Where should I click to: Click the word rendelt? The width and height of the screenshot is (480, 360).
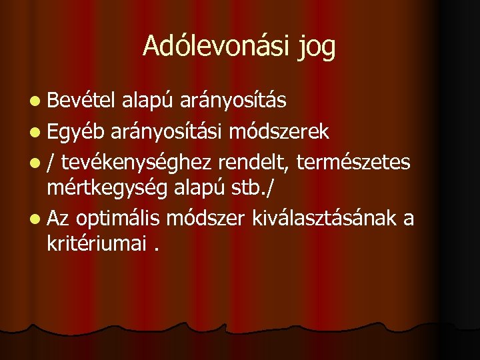click(x=257, y=161)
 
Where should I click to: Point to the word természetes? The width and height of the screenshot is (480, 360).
click(x=358, y=161)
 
